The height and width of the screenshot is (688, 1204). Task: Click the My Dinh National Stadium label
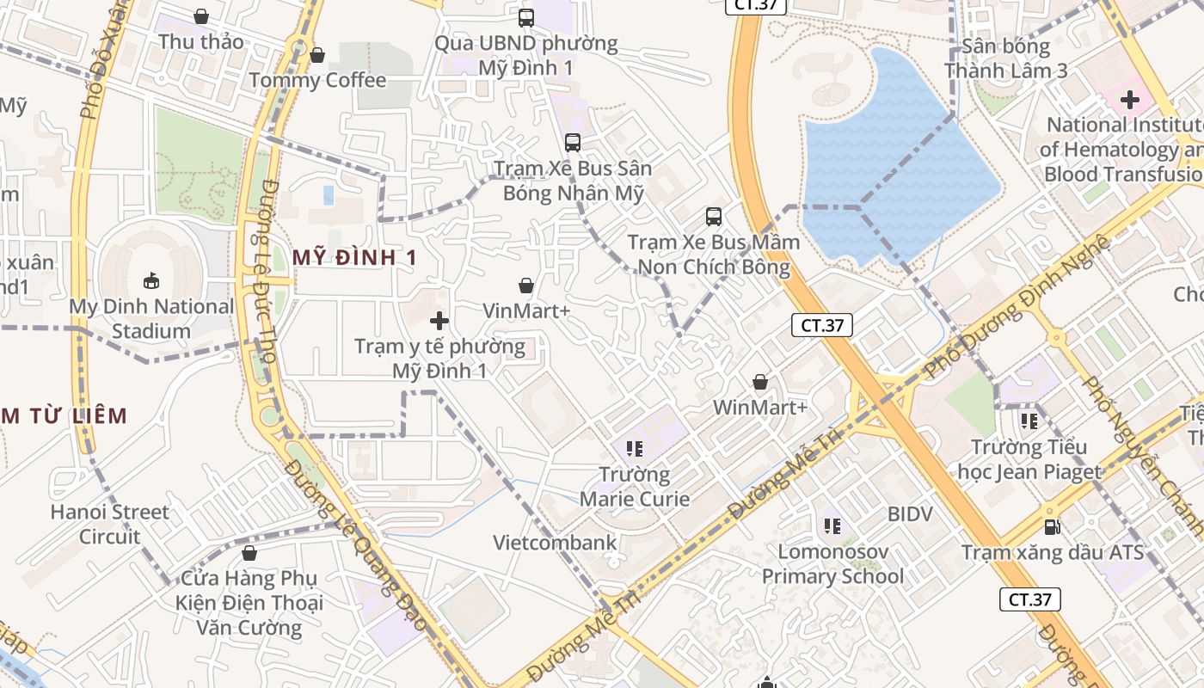(151, 318)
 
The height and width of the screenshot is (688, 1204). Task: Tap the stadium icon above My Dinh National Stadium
(151, 280)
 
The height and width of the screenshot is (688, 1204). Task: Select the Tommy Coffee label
(317, 80)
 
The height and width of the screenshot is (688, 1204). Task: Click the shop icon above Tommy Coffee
(317, 55)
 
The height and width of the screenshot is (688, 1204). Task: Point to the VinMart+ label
(526, 310)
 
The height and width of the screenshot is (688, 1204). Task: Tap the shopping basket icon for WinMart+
(760, 382)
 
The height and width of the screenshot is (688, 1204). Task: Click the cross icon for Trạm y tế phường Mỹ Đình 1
(439, 322)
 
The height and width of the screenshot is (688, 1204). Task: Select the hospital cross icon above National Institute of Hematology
(1129, 100)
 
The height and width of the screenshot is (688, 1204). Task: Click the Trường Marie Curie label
(635, 487)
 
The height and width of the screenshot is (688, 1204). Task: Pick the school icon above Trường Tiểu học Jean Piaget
(1029, 421)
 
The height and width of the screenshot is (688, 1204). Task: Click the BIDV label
(910, 514)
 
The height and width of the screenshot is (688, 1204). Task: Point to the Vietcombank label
(555, 543)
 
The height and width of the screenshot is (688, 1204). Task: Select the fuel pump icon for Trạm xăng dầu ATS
(1052, 526)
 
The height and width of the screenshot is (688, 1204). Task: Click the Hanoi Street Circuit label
(109, 524)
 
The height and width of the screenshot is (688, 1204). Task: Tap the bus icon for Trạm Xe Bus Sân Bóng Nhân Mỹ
(573, 143)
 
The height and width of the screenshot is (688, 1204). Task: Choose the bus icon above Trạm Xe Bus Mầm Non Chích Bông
(713, 217)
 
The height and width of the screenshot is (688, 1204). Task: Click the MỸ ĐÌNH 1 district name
(354, 257)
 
